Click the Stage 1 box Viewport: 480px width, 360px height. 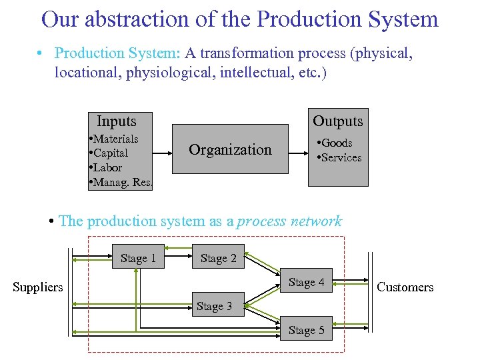pyautogui.click(x=139, y=258)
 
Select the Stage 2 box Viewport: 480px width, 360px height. pyautogui.click(x=219, y=258)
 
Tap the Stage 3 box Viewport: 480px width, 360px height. pyautogui.click(x=215, y=306)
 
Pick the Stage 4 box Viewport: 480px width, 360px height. pyautogui.click(x=307, y=282)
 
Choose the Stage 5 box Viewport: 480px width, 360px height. pyautogui.click(x=307, y=330)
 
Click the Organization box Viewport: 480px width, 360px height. pyautogui.click(x=231, y=149)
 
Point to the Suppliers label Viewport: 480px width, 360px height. pyautogui.click(x=38, y=287)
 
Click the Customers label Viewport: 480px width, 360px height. pyautogui.click(x=405, y=287)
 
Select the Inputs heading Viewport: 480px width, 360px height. pyautogui.click(x=117, y=121)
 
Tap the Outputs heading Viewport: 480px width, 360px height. pyautogui.click(x=338, y=121)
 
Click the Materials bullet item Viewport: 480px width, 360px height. pyautogui.click(x=114, y=139)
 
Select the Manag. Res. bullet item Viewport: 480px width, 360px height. pyautogui.click(x=121, y=181)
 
